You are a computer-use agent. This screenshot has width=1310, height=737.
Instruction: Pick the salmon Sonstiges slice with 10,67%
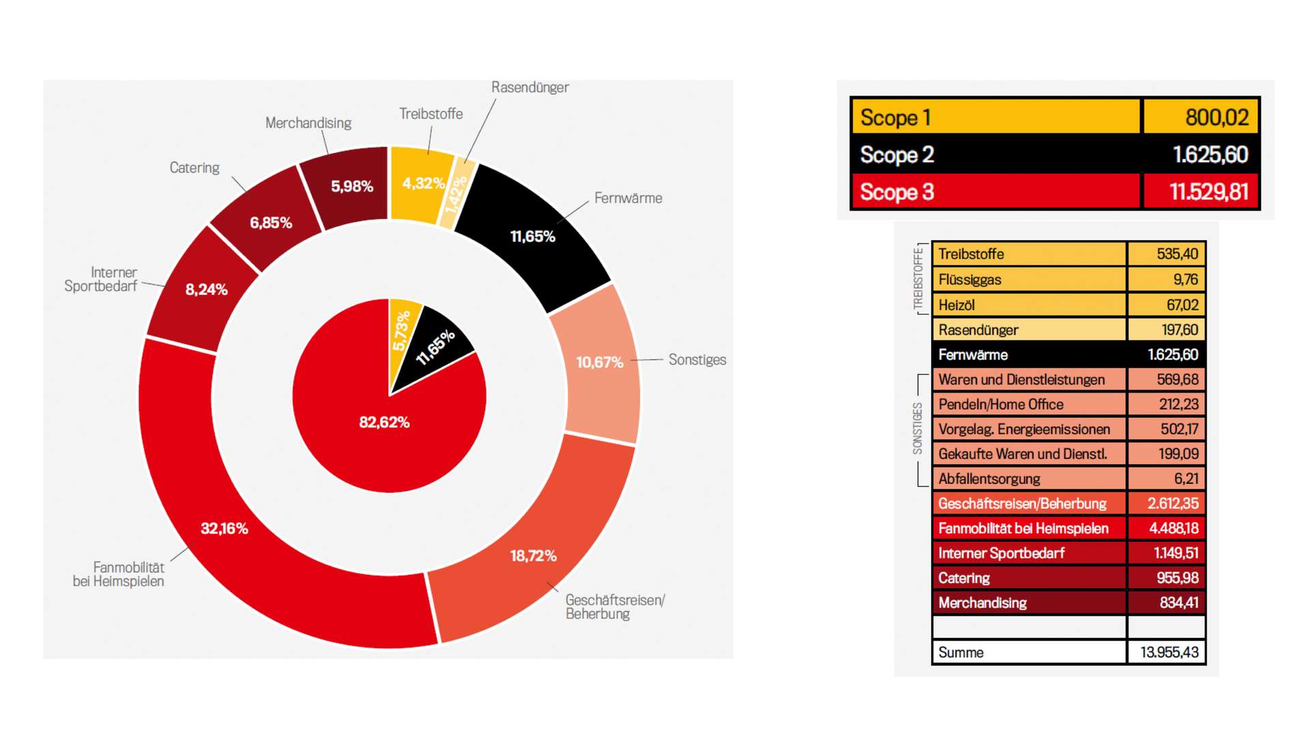(599, 362)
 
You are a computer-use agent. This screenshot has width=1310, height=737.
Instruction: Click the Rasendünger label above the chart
(529, 87)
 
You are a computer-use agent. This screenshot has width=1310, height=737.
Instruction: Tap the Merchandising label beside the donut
(308, 123)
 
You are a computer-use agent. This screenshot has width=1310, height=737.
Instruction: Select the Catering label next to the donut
(194, 168)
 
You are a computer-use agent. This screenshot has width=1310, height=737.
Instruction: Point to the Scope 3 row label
(897, 192)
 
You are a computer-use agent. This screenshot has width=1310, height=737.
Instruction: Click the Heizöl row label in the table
(957, 305)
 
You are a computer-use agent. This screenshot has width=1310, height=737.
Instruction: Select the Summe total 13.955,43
(1169, 652)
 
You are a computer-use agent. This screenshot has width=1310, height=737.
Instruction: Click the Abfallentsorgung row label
(989, 479)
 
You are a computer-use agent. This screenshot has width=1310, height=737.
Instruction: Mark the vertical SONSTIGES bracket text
(918, 429)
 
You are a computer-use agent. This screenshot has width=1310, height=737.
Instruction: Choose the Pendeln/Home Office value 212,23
(1178, 405)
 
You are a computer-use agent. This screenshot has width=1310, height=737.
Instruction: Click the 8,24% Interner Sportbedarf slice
(206, 289)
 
